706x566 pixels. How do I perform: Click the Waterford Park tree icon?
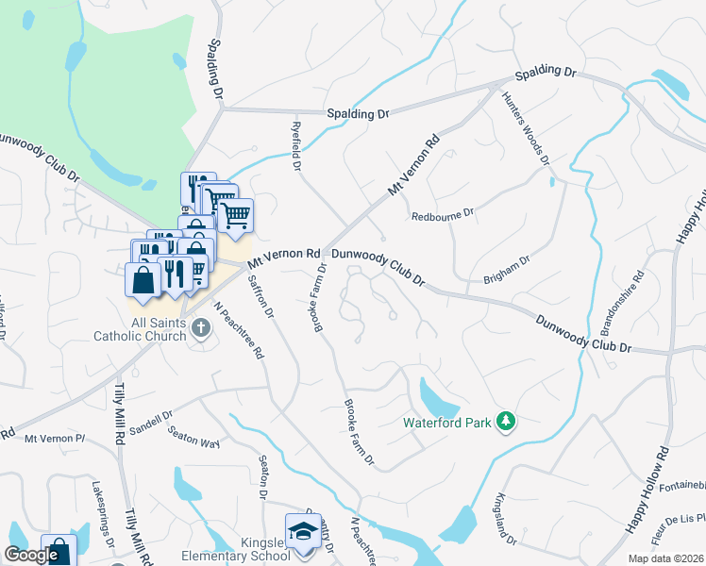(507, 422)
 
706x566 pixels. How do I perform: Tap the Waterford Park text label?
(447, 424)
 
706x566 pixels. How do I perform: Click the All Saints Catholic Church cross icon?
(199, 327)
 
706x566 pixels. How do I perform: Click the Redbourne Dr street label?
(442, 216)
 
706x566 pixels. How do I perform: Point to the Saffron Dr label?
(261, 295)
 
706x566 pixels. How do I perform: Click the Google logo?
(31, 555)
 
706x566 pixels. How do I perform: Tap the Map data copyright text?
(664, 558)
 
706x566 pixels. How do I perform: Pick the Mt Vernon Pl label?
(55, 438)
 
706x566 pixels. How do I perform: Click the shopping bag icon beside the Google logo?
(59, 552)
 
